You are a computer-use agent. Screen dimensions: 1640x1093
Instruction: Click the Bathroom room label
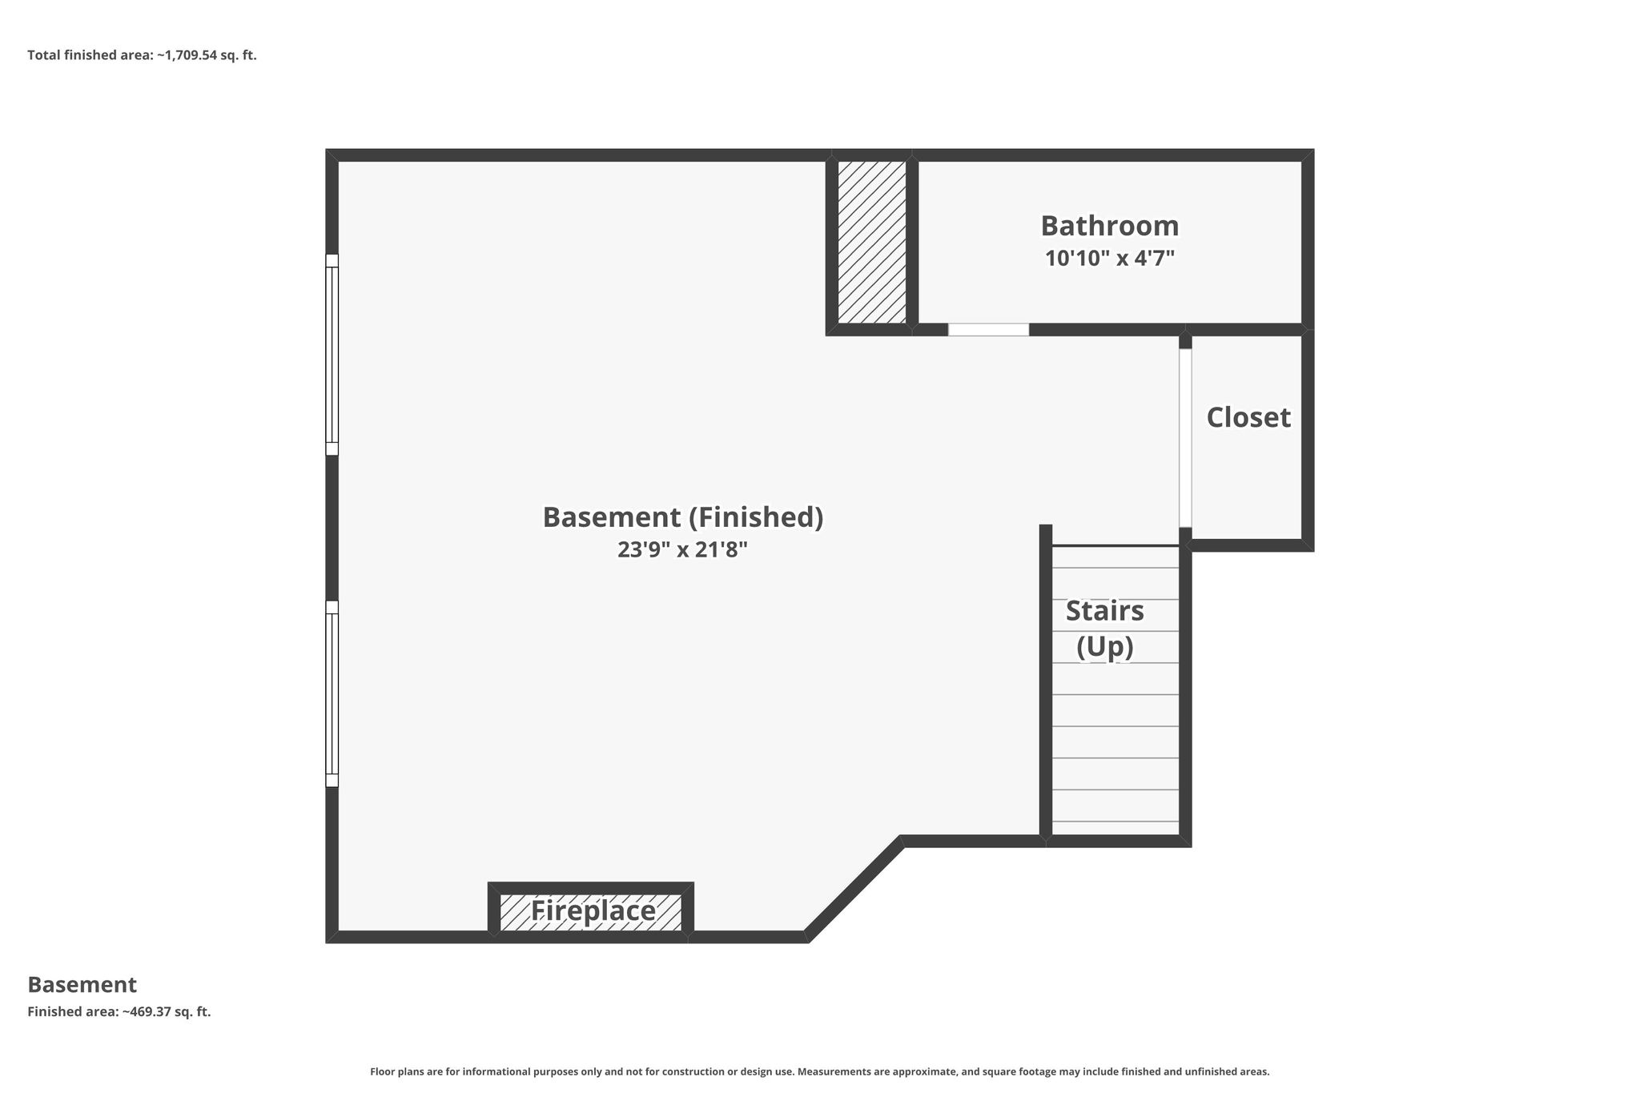[1109, 226]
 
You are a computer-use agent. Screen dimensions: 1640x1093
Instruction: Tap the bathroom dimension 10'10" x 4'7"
[1109, 259]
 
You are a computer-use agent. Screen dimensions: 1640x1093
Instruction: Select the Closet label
[1248, 417]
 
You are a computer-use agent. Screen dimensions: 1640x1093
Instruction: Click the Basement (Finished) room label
[683, 517]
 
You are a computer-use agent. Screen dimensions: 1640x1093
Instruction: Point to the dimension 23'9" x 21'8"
[682, 550]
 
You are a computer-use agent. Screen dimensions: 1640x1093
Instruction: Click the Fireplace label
[593, 910]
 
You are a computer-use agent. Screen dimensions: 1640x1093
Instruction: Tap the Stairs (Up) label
[1105, 629]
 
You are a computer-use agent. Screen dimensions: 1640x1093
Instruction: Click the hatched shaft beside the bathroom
[872, 243]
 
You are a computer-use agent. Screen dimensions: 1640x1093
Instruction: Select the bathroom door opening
[988, 330]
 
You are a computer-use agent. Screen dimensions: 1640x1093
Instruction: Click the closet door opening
[1185, 438]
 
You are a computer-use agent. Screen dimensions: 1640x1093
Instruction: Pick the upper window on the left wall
[332, 355]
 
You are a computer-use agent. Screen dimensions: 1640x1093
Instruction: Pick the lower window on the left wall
[332, 694]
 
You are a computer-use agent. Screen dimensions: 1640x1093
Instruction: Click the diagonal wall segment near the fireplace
[854, 889]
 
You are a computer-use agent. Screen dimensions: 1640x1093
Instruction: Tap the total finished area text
[142, 55]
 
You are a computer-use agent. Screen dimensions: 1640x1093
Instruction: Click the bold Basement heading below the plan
[82, 984]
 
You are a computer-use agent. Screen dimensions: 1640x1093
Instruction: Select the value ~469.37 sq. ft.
[167, 1011]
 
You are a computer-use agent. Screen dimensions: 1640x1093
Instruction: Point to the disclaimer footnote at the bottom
[820, 1071]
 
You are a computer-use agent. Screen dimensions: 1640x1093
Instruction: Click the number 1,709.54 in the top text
[191, 55]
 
